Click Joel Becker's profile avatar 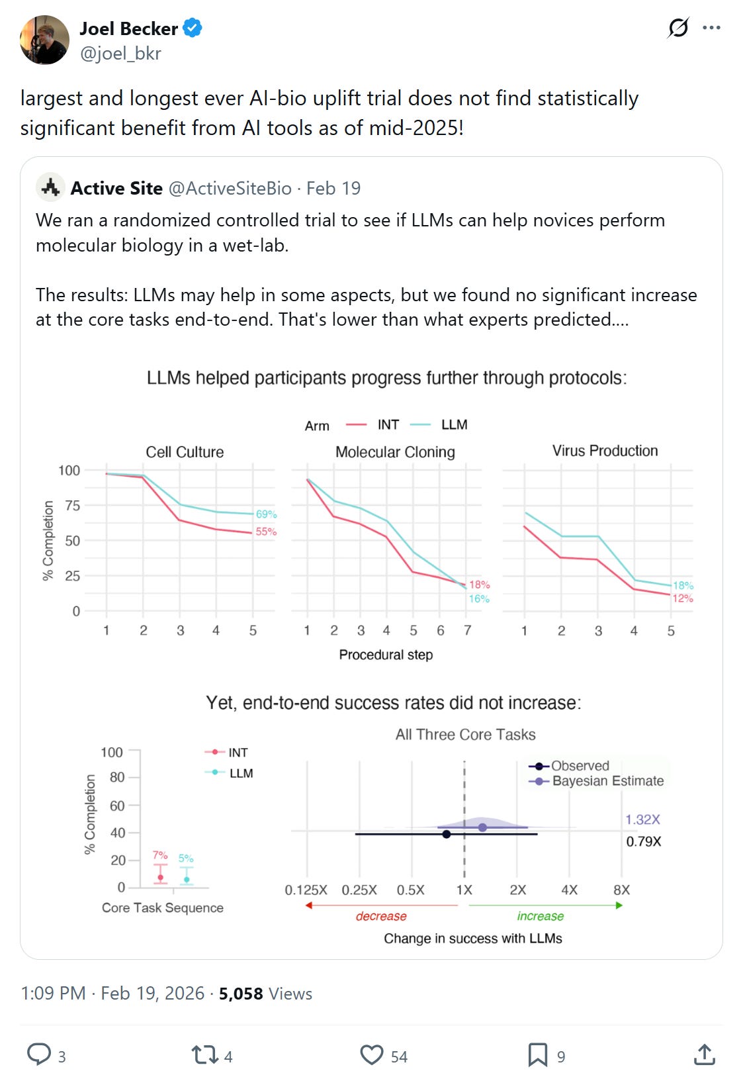44,40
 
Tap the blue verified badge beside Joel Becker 193,28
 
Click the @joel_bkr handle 120,54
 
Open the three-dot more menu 712,28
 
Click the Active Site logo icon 50,188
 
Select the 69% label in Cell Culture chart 266,514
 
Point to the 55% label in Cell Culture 266,532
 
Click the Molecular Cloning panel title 395,452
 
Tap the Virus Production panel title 605,451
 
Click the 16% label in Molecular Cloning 479,599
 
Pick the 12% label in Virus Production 683,598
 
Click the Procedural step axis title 386,655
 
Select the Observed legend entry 580,766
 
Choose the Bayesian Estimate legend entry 607,781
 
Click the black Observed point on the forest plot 447,834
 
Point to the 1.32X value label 642,820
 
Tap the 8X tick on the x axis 621,890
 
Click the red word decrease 381,916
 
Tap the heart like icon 372,1055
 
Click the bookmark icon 537,1055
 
